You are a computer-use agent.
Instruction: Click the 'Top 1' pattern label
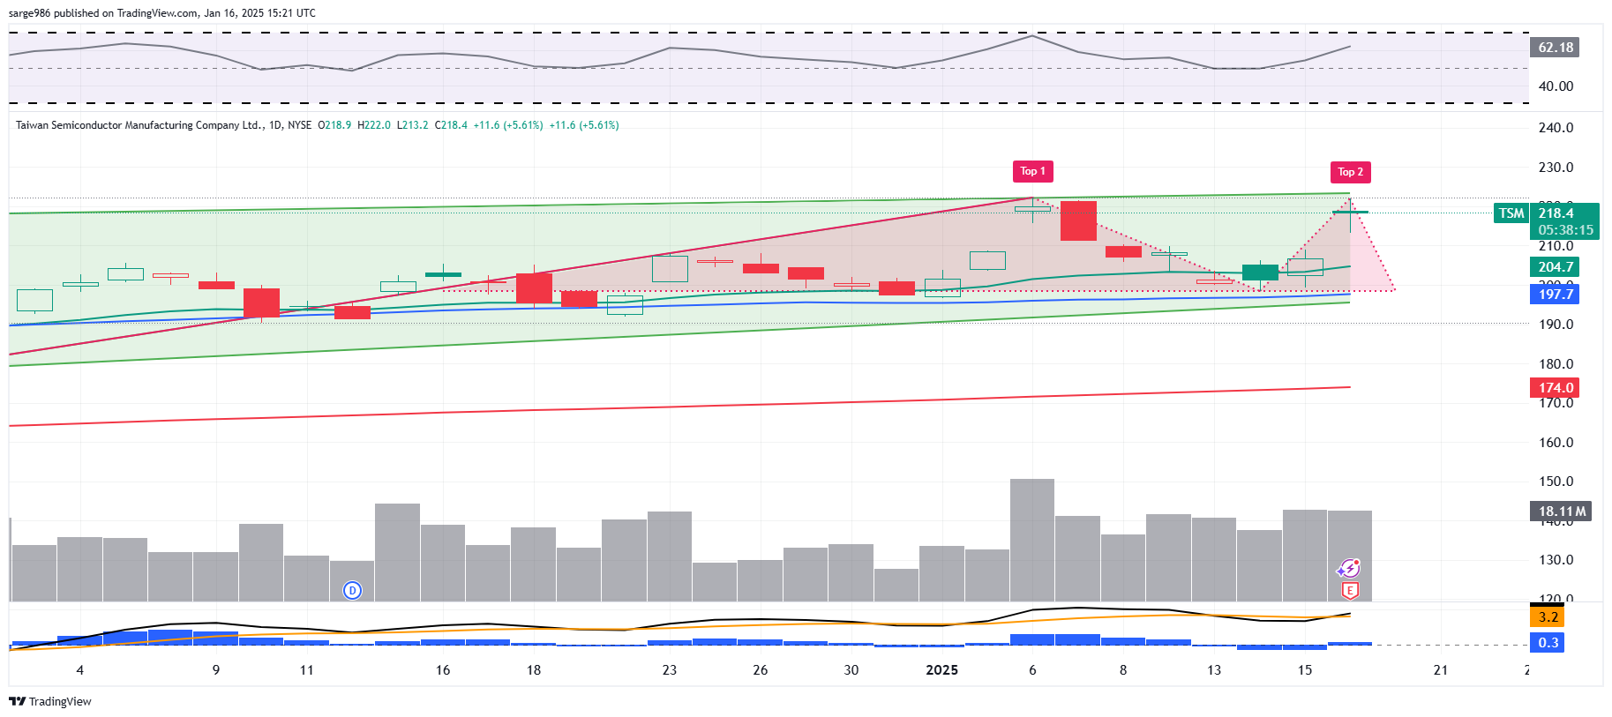click(1032, 171)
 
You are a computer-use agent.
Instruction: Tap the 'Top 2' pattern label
click(1350, 172)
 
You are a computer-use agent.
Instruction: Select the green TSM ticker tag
click(1511, 213)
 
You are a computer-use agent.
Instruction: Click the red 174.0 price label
click(1555, 388)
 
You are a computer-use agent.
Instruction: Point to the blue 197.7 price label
click(1555, 295)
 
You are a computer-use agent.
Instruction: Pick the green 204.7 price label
click(1555, 267)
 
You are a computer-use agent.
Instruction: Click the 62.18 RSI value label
click(1555, 48)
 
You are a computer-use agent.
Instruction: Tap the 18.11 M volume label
click(1561, 512)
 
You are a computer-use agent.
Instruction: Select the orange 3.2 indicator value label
click(1548, 617)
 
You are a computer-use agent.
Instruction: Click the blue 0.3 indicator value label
click(1548, 643)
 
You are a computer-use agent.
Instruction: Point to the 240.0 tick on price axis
click(1556, 128)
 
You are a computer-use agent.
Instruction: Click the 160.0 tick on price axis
click(1556, 443)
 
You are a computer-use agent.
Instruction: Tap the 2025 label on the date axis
click(941, 670)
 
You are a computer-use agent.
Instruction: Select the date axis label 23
click(670, 670)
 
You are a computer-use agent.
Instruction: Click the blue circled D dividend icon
click(352, 591)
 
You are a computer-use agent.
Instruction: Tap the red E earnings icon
click(1349, 591)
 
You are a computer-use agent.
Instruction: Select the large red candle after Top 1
click(1078, 220)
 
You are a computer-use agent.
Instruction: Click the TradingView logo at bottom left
click(50, 702)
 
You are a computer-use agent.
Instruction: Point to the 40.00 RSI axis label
click(1556, 86)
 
